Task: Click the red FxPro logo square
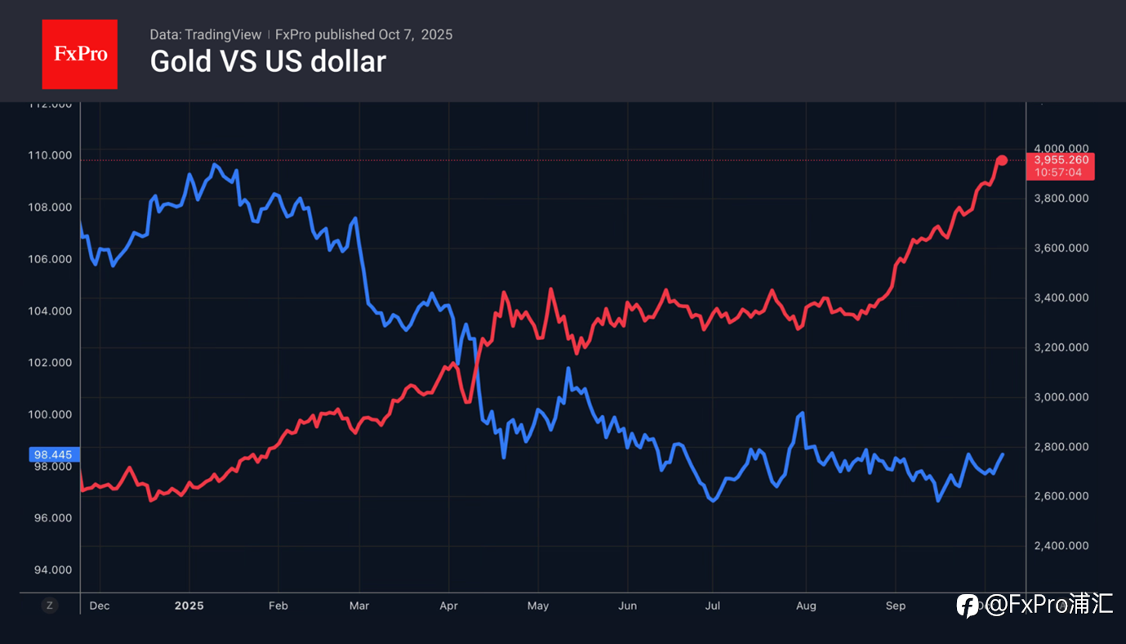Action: pyautogui.click(x=79, y=54)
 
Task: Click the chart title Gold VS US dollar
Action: pyautogui.click(x=268, y=61)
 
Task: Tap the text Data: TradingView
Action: pyautogui.click(x=206, y=34)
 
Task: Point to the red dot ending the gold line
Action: pyautogui.click(x=1002, y=160)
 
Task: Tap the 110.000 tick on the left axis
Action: pyautogui.click(x=51, y=155)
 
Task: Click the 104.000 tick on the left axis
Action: pyautogui.click(x=51, y=311)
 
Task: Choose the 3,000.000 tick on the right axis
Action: pyautogui.click(x=1061, y=397)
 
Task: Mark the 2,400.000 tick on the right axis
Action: pyautogui.click(x=1061, y=546)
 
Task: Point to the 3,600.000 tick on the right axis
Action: pyautogui.click(x=1061, y=248)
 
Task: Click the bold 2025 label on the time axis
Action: pyautogui.click(x=189, y=606)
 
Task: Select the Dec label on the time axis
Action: pyautogui.click(x=99, y=606)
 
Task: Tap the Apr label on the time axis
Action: pyautogui.click(x=448, y=606)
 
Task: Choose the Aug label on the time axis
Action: pyautogui.click(x=805, y=606)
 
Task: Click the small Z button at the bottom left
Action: pyautogui.click(x=50, y=606)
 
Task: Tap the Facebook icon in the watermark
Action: pyautogui.click(x=968, y=606)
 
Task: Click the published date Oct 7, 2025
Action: pyautogui.click(x=415, y=34)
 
